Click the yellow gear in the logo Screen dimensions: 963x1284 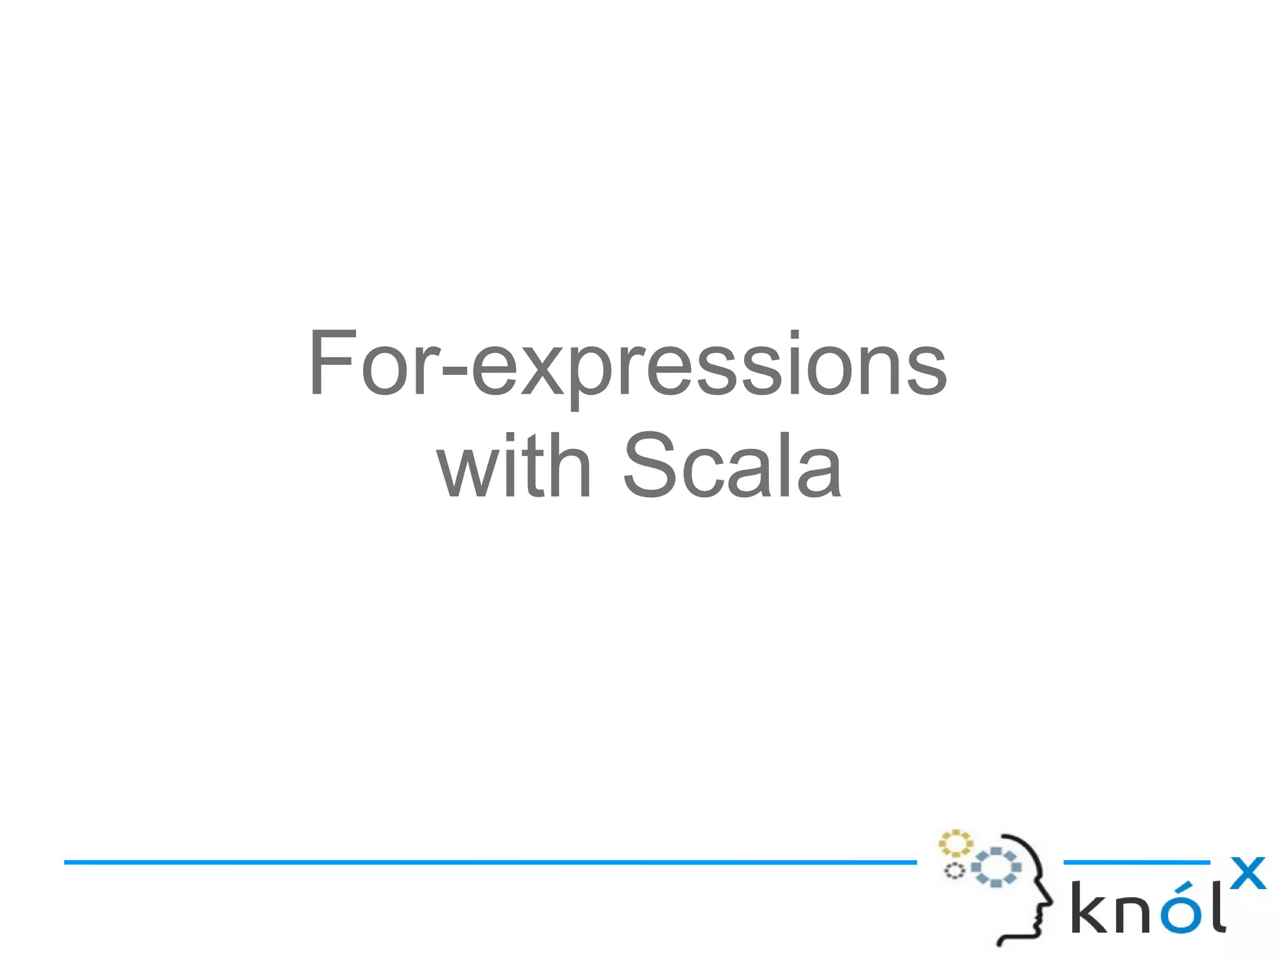(955, 844)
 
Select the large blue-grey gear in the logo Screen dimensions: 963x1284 (996, 867)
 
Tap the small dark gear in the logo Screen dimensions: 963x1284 (954, 871)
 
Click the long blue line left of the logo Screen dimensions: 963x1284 (489, 863)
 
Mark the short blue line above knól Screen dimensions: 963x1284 (1136, 863)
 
